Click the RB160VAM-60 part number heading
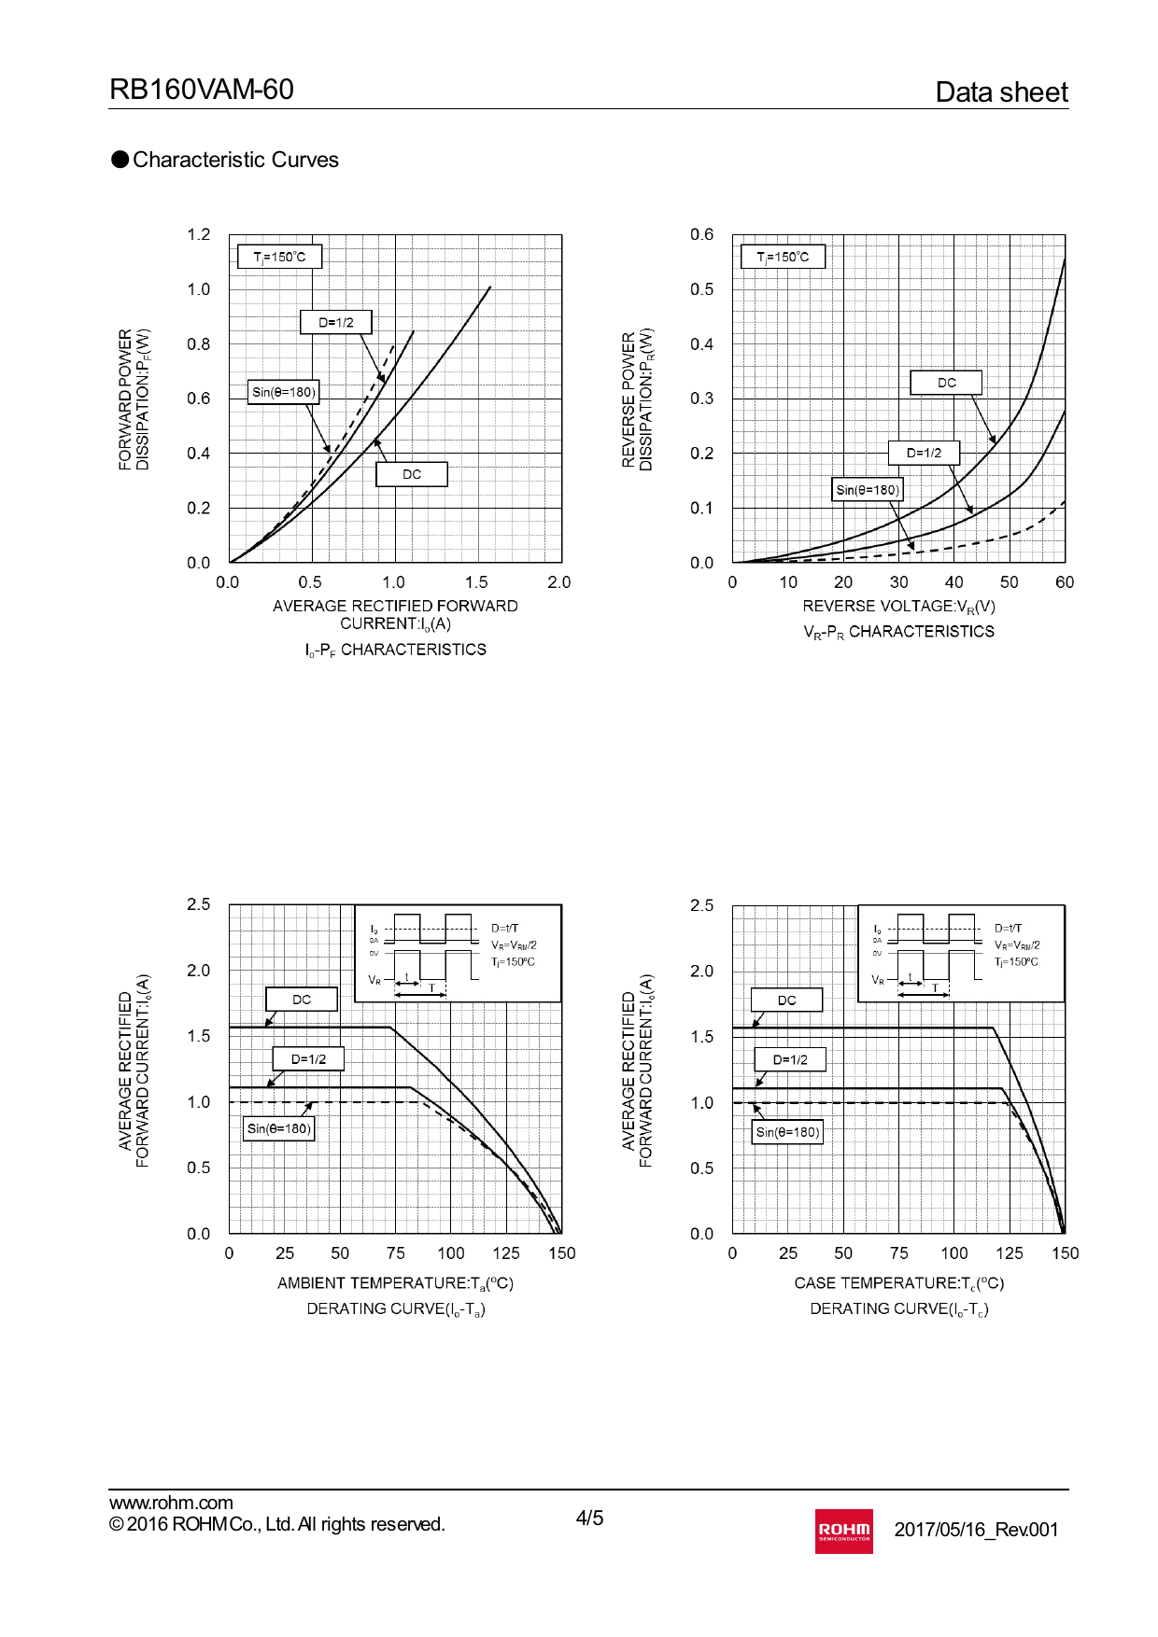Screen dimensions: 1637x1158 [202, 90]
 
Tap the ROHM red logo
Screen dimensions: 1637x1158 [843, 1531]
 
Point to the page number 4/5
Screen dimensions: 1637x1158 [589, 1518]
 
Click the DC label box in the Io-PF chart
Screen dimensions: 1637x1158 [411, 474]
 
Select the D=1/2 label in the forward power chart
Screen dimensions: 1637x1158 [336, 322]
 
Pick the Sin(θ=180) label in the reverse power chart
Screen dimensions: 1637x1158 [868, 489]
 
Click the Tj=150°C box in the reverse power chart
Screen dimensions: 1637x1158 [783, 257]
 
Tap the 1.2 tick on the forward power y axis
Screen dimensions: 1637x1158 [198, 234]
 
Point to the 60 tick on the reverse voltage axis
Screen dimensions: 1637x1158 [1065, 582]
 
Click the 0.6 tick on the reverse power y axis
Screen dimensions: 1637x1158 [701, 234]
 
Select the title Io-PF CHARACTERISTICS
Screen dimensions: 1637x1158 [395, 650]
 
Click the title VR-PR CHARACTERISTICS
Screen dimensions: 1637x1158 [898, 632]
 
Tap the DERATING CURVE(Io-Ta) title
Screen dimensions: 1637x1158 [395, 1308]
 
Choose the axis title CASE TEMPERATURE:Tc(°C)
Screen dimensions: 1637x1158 [898, 1283]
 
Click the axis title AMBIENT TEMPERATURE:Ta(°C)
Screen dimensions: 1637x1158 [395, 1283]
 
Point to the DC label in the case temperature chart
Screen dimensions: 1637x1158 [787, 1000]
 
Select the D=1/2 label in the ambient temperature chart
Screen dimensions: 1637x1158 [308, 1059]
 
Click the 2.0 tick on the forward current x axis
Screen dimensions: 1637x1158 [558, 582]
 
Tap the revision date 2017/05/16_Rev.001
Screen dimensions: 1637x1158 [976, 1530]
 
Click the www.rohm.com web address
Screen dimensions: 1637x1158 [171, 1503]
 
